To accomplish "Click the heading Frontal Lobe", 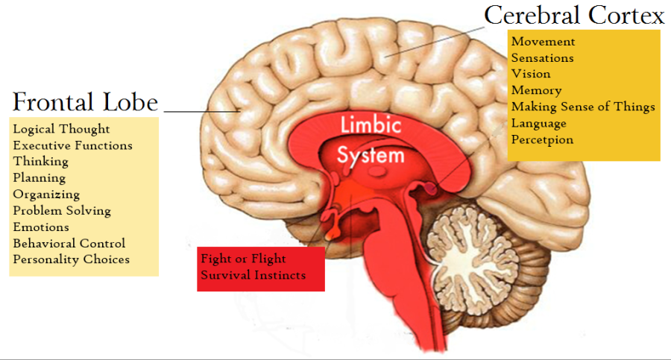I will [85, 101].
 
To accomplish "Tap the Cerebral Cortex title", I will [574, 15].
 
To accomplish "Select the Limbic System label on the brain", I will [370, 139].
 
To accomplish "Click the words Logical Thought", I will [61, 129].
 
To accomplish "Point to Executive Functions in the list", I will [72, 145].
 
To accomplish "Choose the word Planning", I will [39, 178].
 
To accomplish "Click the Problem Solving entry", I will [62, 211].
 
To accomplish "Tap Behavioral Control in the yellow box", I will [69, 243].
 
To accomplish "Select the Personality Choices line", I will [71, 259].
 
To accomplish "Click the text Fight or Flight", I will [243, 259].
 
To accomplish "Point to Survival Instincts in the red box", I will [253, 275].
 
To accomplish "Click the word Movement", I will [543, 42].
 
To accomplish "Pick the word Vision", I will [531, 74].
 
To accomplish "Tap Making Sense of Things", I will [583, 107].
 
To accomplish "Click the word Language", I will [538, 123].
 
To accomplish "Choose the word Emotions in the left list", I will [41, 227].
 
